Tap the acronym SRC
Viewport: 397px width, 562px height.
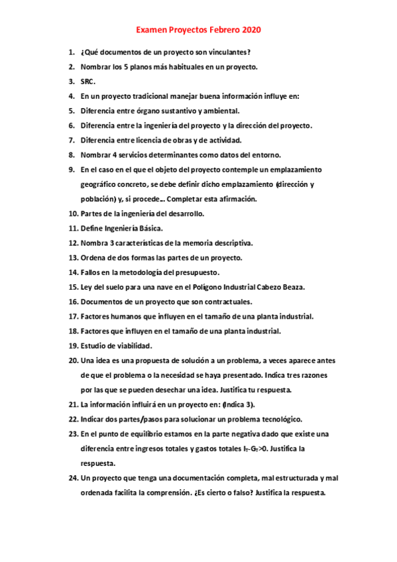(87, 82)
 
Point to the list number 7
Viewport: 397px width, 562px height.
(71, 140)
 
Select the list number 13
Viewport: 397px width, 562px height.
(73, 257)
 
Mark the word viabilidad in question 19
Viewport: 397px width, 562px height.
(131, 345)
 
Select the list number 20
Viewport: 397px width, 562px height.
(73, 361)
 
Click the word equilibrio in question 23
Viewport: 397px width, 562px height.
(152, 433)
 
